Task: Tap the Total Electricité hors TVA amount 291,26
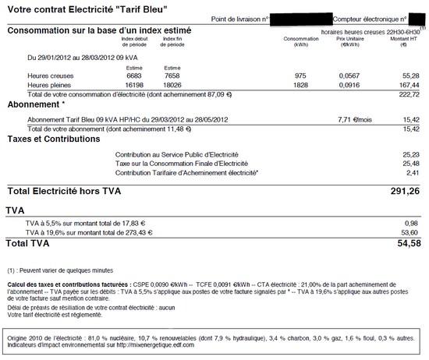[404, 190]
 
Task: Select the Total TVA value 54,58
[406, 244]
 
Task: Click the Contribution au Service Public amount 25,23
[409, 154]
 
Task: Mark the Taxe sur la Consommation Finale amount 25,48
[409, 163]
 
